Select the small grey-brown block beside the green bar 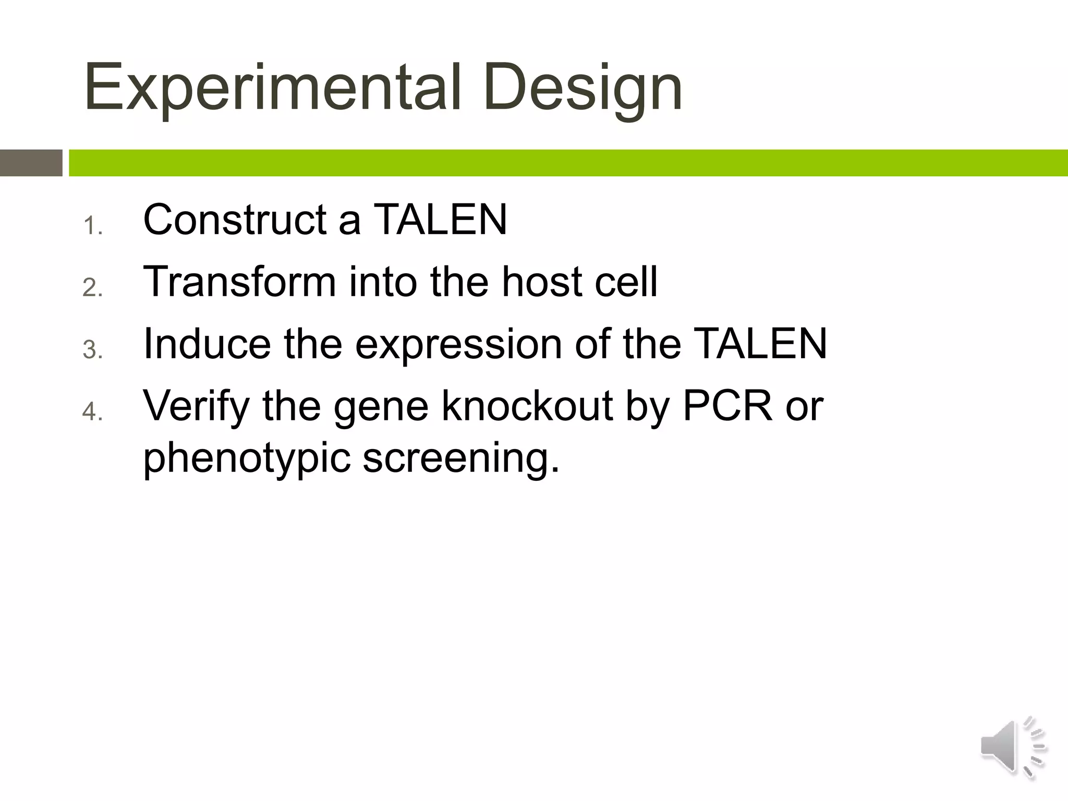coord(31,163)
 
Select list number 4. coord(93,412)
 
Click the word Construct coord(235,220)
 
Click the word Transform coord(239,282)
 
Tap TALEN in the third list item coord(761,344)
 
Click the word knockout coord(527,406)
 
